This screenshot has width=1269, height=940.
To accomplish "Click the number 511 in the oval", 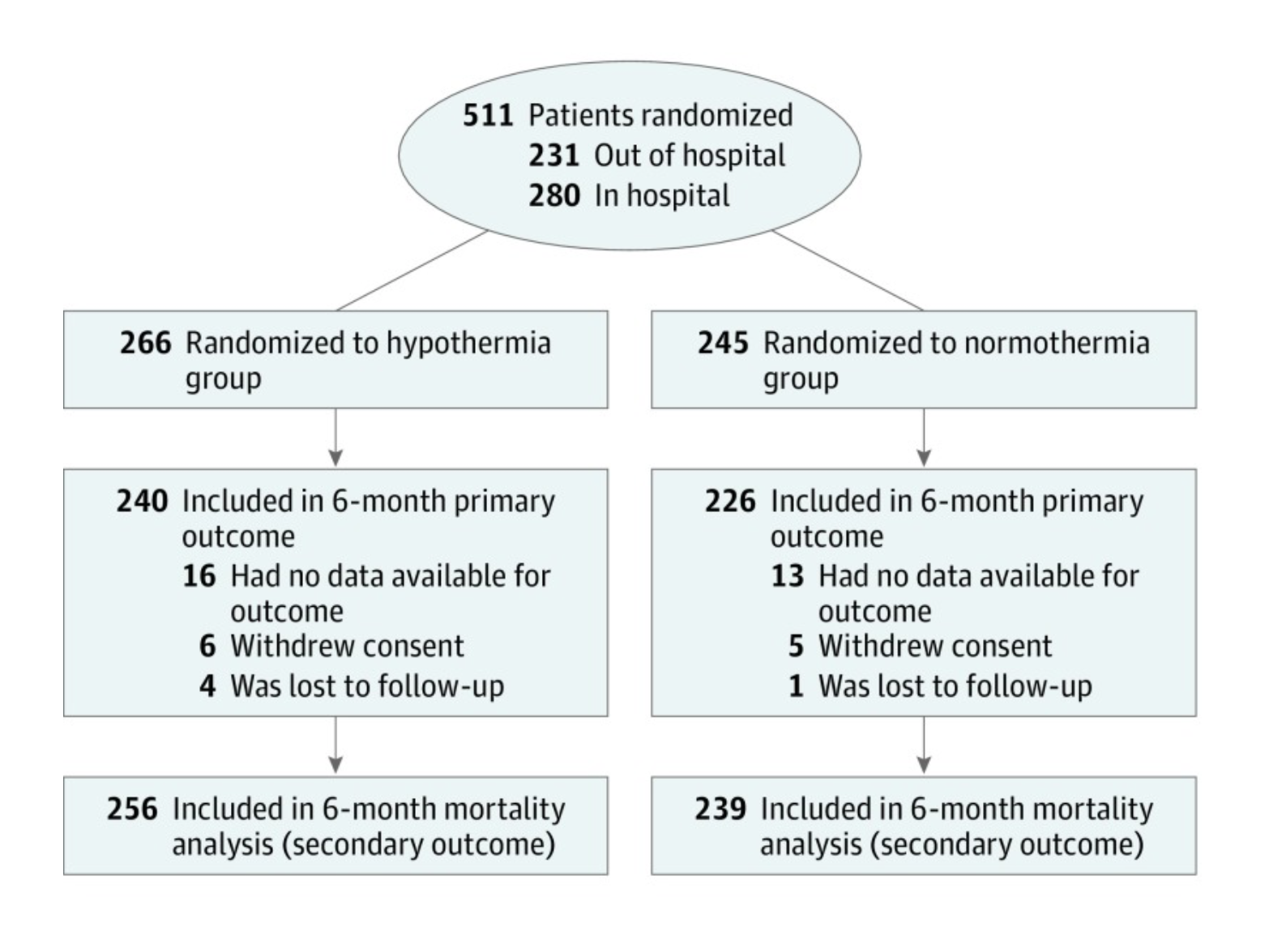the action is point(488,115).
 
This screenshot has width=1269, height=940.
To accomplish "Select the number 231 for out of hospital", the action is point(553,156).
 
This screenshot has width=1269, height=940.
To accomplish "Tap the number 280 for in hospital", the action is point(553,195).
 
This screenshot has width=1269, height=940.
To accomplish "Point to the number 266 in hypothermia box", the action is point(145,344).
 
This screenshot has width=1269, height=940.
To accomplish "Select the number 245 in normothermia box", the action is point(723,344).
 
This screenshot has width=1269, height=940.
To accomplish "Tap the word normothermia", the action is point(1057,344).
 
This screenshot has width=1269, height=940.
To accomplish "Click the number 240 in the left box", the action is point(143,501).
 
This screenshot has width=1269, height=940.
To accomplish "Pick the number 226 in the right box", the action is point(730,501).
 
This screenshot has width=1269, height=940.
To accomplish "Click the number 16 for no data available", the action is point(199,576).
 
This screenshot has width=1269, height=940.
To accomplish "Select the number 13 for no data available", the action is point(788,576).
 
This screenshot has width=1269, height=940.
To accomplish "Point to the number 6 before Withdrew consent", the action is point(207,647).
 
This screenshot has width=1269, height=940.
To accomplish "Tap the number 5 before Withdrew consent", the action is point(796,647).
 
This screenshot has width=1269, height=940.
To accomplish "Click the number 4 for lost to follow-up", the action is point(207,686).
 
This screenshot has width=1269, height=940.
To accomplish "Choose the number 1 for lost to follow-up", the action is point(796,686).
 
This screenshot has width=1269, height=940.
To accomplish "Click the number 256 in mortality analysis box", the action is point(132,810).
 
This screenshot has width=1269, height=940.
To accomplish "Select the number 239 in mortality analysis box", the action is point(720,810).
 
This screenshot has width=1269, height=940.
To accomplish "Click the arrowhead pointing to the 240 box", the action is point(335,459).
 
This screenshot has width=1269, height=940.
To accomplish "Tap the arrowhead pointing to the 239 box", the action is point(924,766).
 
